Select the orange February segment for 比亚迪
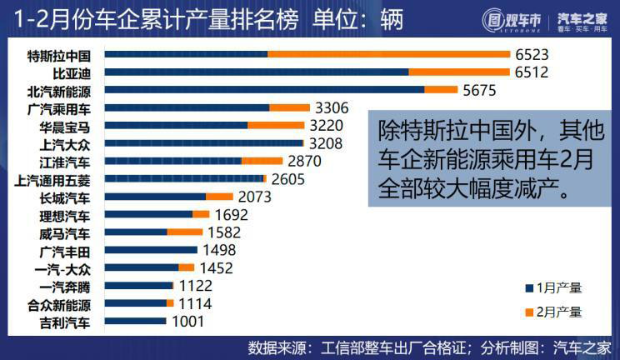(458, 72)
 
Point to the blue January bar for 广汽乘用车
(187, 107)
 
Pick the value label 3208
(325, 143)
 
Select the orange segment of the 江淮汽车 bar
(262, 161)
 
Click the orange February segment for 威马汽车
(184, 232)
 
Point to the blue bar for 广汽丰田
(151, 249)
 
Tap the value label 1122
(196, 286)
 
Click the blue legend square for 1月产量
(528, 287)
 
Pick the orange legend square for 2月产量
(528, 312)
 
